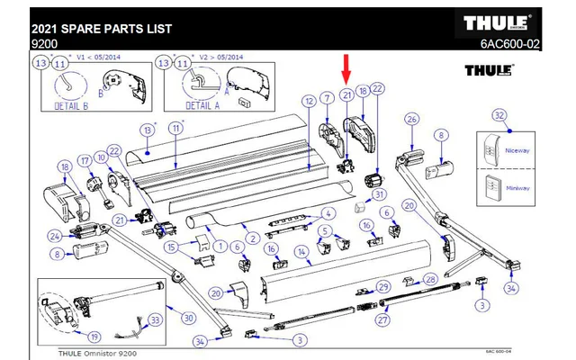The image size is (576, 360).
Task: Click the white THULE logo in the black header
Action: pos(497,22)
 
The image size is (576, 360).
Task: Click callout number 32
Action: pos(499,115)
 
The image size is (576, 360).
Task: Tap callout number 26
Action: pos(412,120)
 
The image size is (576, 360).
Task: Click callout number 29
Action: pos(382,286)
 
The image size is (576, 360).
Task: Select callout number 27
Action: pos(382,319)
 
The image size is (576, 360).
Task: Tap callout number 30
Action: pos(187,317)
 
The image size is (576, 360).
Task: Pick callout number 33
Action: pos(155,319)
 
